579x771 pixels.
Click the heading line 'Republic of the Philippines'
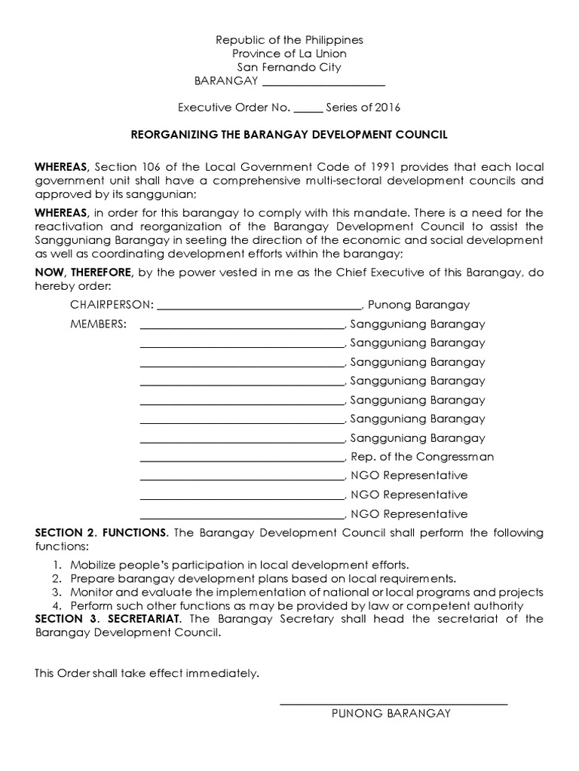[289, 39]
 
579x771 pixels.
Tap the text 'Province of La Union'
[289, 53]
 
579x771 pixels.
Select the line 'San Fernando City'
[289, 67]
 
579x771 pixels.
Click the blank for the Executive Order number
[308, 109]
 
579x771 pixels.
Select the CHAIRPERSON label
[112, 305]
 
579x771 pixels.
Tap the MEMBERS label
[98, 325]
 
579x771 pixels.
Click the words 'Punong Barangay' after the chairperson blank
[418, 305]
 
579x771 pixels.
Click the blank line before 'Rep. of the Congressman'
[242, 459]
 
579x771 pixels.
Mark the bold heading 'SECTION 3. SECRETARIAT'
[109, 619]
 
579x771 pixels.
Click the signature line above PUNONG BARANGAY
[393, 703]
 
